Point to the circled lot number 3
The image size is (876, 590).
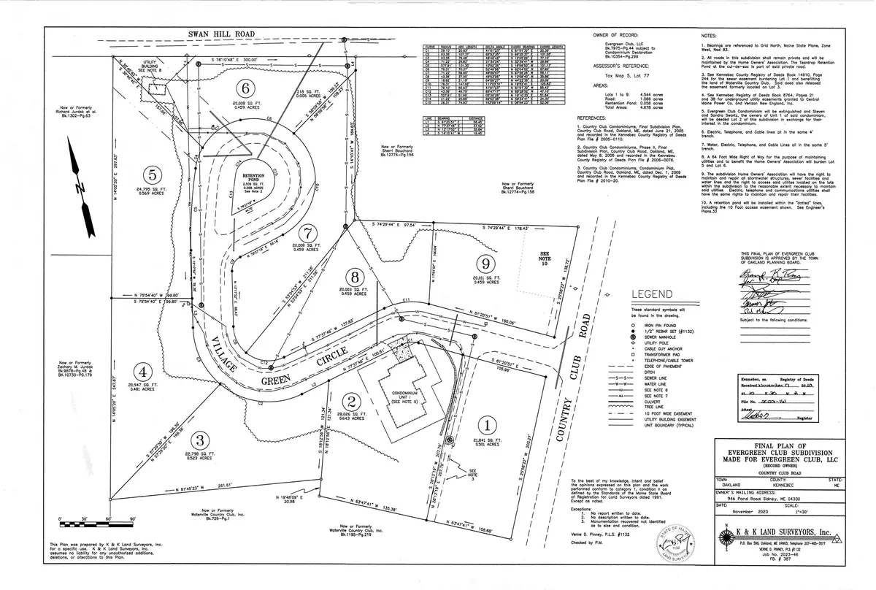click(x=199, y=440)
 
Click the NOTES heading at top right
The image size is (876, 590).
click(x=709, y=34)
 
